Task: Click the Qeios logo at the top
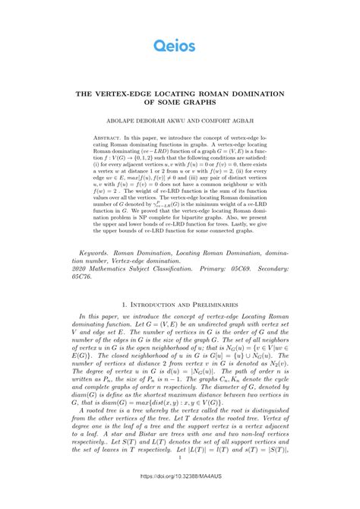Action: tap(179, 47)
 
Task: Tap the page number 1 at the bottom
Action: tap(179, 479)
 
